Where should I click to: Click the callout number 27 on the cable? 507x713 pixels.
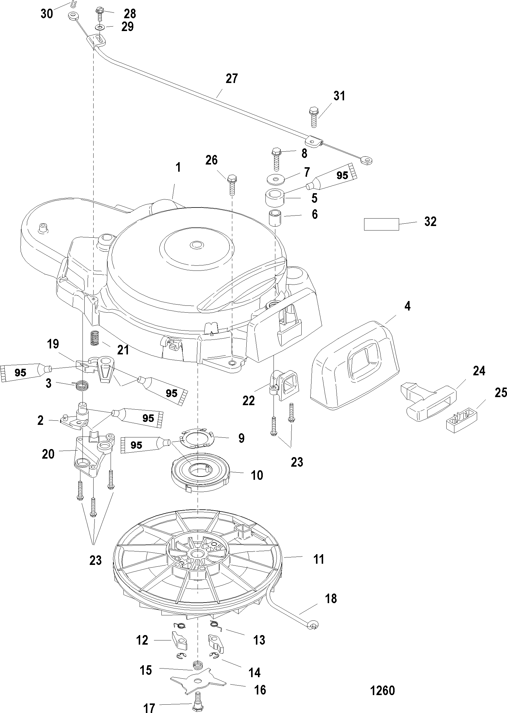232,79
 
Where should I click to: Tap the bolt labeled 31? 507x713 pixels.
314,117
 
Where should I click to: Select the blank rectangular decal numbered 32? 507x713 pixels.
381,224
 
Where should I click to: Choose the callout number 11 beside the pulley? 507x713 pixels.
319,559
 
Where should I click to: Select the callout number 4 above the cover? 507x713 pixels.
407,306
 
